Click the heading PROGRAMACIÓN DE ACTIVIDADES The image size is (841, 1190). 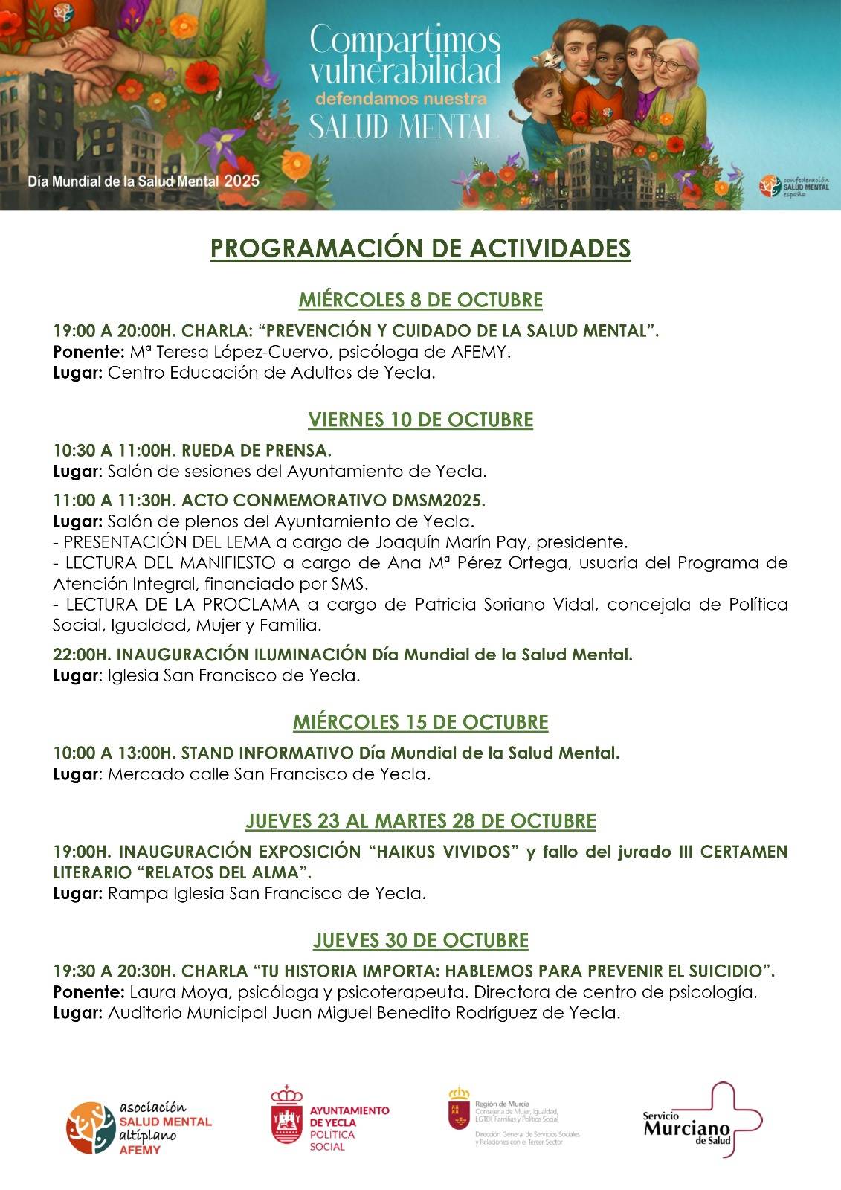click(x=420, y=248)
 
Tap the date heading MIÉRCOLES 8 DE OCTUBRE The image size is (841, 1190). click(x=420, y=300)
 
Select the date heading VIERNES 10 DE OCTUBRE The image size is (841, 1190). click(x=420, y=419)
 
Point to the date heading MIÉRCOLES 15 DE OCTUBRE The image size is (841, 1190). click(x=420, y=722)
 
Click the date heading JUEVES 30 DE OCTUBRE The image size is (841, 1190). click(x=420, y=940)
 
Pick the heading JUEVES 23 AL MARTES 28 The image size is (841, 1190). click(x=420, y=821)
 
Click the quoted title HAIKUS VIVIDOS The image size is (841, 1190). click(x=443, y=851)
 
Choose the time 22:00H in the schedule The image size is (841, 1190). click(x=81, y=654)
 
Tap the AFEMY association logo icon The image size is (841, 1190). click(x=91, y=1127)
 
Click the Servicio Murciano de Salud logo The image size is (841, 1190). click(x=703, y=1121)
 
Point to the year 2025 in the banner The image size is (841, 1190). click(x=242, y=181)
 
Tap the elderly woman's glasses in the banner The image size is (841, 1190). click(x=671, y=65)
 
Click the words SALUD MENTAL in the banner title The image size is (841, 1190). click(x=402, y=126)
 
